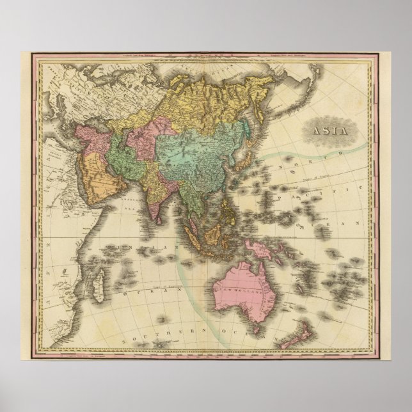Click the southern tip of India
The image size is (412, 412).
tap(155, 221)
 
